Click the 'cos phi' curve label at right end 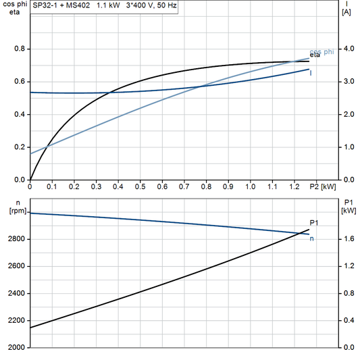322,52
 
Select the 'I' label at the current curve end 311,72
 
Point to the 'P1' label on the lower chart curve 314,222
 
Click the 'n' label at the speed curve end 311,238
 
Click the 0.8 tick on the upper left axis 20,49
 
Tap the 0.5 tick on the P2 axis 140,186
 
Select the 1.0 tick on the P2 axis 250,186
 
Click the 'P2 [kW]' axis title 323,186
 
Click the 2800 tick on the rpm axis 17,239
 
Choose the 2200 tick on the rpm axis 17,321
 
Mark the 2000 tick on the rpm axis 17,348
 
